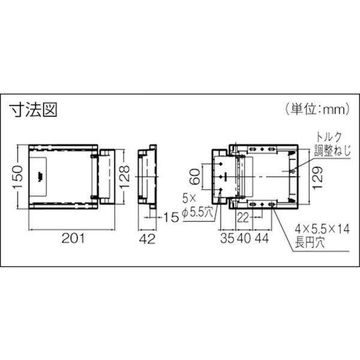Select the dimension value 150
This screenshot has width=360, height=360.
click(x=19, y=176)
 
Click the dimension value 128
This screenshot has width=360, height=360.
click(x=124, y=176)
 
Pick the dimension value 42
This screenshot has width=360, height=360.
click(x=148, y=239)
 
